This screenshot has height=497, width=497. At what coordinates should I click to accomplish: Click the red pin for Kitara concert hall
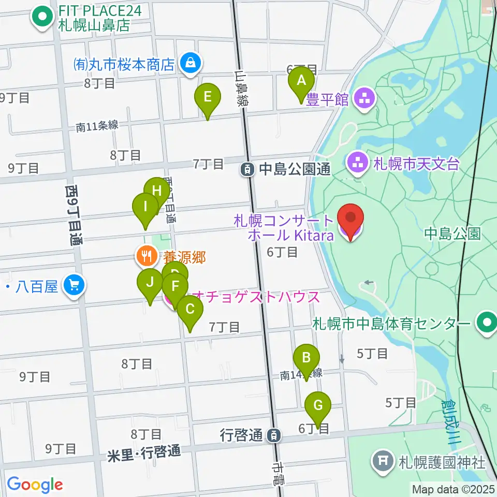pos(350,221)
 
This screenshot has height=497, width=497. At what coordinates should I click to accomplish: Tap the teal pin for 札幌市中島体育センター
pos(487,323)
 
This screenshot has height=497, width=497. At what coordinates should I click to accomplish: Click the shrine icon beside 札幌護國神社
pos(383,460)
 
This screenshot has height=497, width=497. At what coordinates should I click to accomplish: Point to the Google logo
pos(35,485)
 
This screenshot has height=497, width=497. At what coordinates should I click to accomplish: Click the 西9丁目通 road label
pos(74,215)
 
